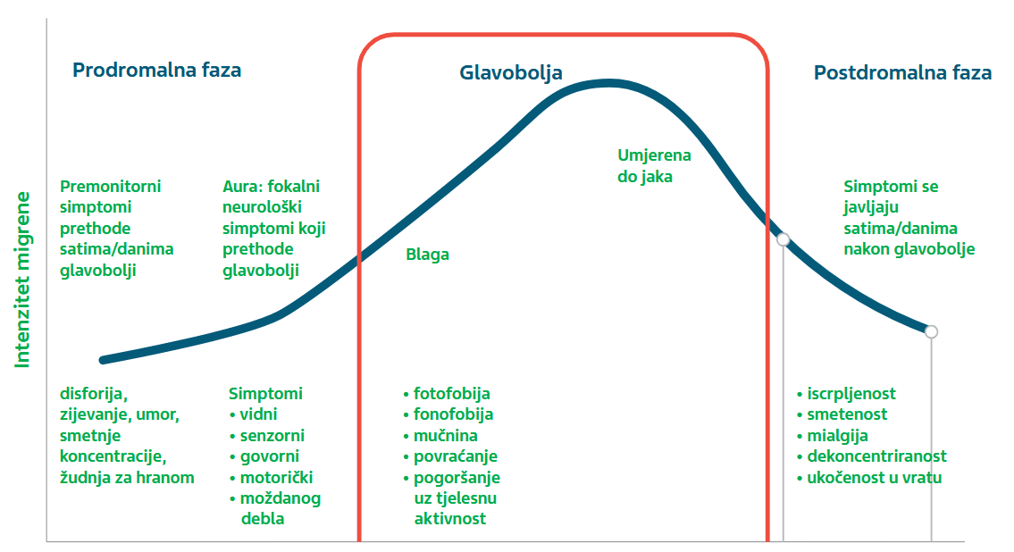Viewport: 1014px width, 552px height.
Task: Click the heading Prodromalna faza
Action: click(x=156, y=70)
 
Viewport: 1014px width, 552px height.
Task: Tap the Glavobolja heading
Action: click(x=511, y=73)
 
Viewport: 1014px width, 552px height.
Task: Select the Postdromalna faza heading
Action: click(x=902, y=72)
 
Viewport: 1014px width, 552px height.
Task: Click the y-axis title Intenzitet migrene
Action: click(x=22, y=280)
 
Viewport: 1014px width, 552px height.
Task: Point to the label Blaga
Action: click(x=427, y=255)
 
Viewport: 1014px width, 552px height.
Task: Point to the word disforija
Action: click(x=93, y=394)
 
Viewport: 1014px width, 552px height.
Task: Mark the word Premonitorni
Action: click(x=110, y=187)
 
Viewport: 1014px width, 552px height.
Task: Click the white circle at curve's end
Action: click(x=931, y=331)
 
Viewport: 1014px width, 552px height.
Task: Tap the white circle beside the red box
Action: click(x=784, y=239)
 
